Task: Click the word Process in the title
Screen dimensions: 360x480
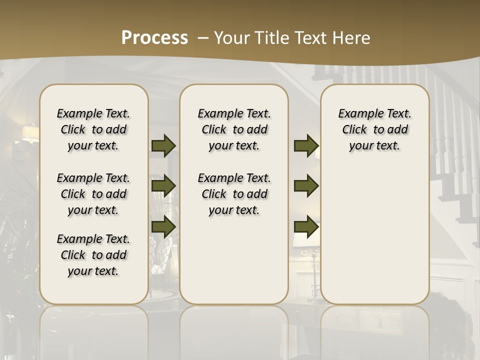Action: tap(154, 38)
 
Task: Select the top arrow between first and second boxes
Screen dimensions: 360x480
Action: tap(163, 146)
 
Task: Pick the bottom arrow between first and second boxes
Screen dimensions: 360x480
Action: tap(163, 227)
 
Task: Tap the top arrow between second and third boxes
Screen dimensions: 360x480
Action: tap(306, 146)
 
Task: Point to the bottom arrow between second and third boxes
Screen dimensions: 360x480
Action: tap(306, 227)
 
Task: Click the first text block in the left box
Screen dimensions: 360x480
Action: tap(93, 129)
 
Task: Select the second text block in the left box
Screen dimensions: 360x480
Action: tap(93, 194)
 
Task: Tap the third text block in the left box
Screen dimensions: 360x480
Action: tap(93, 255)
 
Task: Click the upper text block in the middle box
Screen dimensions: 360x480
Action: tap(234, 129)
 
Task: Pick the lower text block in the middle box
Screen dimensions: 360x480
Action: tap(234, 194)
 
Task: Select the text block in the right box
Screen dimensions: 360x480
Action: tap(375, 129)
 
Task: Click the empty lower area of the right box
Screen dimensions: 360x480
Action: tap(375, 235)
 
